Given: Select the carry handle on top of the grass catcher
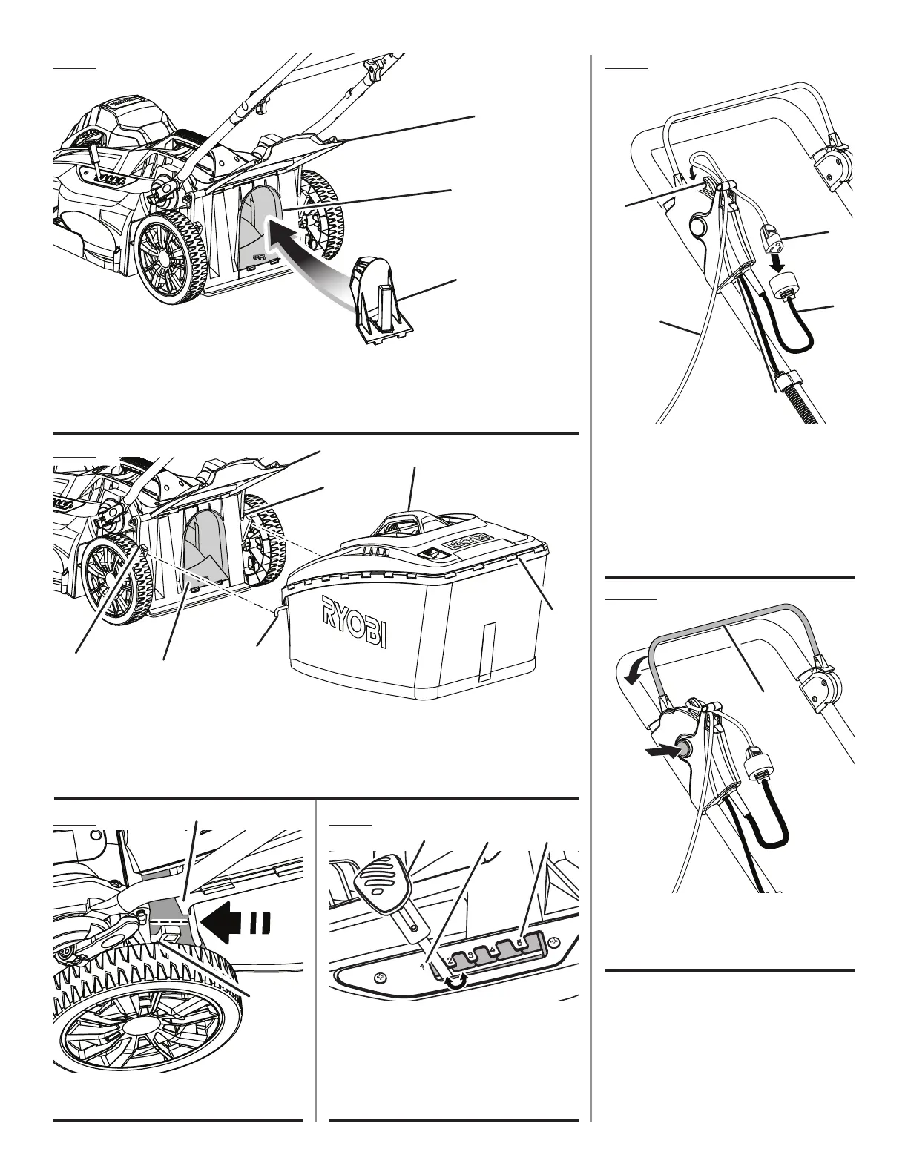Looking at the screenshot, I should tap(407, 517).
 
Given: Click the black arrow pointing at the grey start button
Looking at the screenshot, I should tap(662, 751).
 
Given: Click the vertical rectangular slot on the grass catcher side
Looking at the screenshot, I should tap(487, 651).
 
